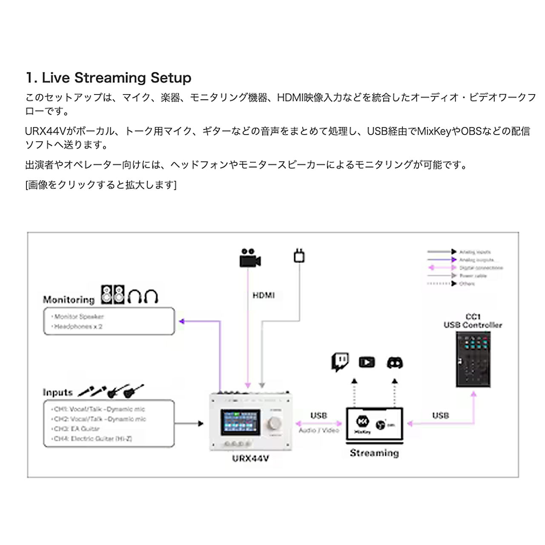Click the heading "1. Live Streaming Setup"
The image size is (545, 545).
coord(109,78)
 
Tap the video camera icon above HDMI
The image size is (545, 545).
coord(250,258)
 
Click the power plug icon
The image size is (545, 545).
coord(299,255)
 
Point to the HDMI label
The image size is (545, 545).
coord(264,295)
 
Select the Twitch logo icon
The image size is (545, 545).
coord(340,362)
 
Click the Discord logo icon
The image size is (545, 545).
coord(395,363)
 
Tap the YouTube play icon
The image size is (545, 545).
coord(367,362)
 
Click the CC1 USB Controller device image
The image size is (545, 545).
coord(473,360)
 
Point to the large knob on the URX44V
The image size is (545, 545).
coord(275,424)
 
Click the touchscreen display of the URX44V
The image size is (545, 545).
coord(241,422)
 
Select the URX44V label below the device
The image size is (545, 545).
coord(250,459)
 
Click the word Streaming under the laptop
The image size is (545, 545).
coord(374,453)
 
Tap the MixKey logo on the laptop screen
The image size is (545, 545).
coord(362,422)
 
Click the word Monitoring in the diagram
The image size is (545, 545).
coord(69,300)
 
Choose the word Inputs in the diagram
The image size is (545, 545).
coord(57,393)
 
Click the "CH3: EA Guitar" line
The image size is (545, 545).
coord(77,429)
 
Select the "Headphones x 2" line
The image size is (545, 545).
coord(78,327)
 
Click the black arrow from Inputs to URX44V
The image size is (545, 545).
coord(189,423)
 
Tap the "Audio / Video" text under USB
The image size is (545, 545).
coord(319,430)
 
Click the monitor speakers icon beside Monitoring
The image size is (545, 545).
coord(113,295)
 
